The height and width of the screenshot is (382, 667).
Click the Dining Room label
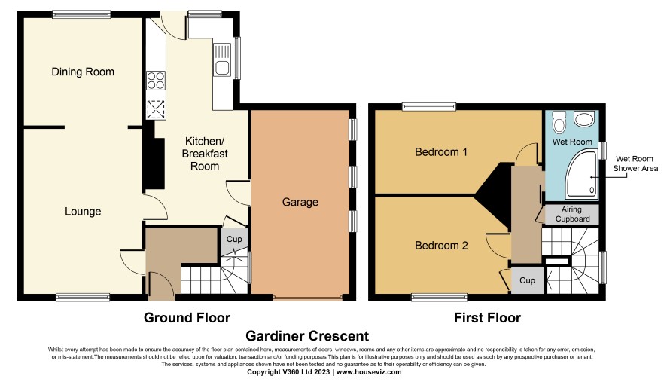pos(83,72)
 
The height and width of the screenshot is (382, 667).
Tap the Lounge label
pos(83,212)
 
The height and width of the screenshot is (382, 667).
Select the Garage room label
pos(300,202)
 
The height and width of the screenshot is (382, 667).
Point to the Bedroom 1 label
pos(441,151)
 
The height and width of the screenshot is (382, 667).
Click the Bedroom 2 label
pos(441,246)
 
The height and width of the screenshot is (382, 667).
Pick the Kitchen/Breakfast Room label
pos(205,153)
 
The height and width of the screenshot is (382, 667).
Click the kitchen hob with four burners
pos(156,81)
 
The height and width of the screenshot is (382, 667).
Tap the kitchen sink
pos(222,60)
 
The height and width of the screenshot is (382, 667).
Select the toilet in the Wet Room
pos(559,121)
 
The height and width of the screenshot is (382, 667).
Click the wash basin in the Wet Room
pos(584,119)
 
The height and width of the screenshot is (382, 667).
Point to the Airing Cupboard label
pos(572,214)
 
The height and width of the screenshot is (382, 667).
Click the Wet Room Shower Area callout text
pos(635,163)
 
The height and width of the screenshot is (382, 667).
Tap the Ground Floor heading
pos(187,318)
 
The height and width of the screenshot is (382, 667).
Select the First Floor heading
pos(487,318)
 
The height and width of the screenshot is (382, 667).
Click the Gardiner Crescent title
pos(307,336)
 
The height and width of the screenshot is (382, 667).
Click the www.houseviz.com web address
pos(369,371)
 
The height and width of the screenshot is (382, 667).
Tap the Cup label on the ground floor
pos(234,240)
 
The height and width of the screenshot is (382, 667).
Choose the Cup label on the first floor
pos(527,280)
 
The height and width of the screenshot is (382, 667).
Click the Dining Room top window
pos(81,14)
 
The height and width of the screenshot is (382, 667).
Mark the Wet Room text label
pos(572,142)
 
